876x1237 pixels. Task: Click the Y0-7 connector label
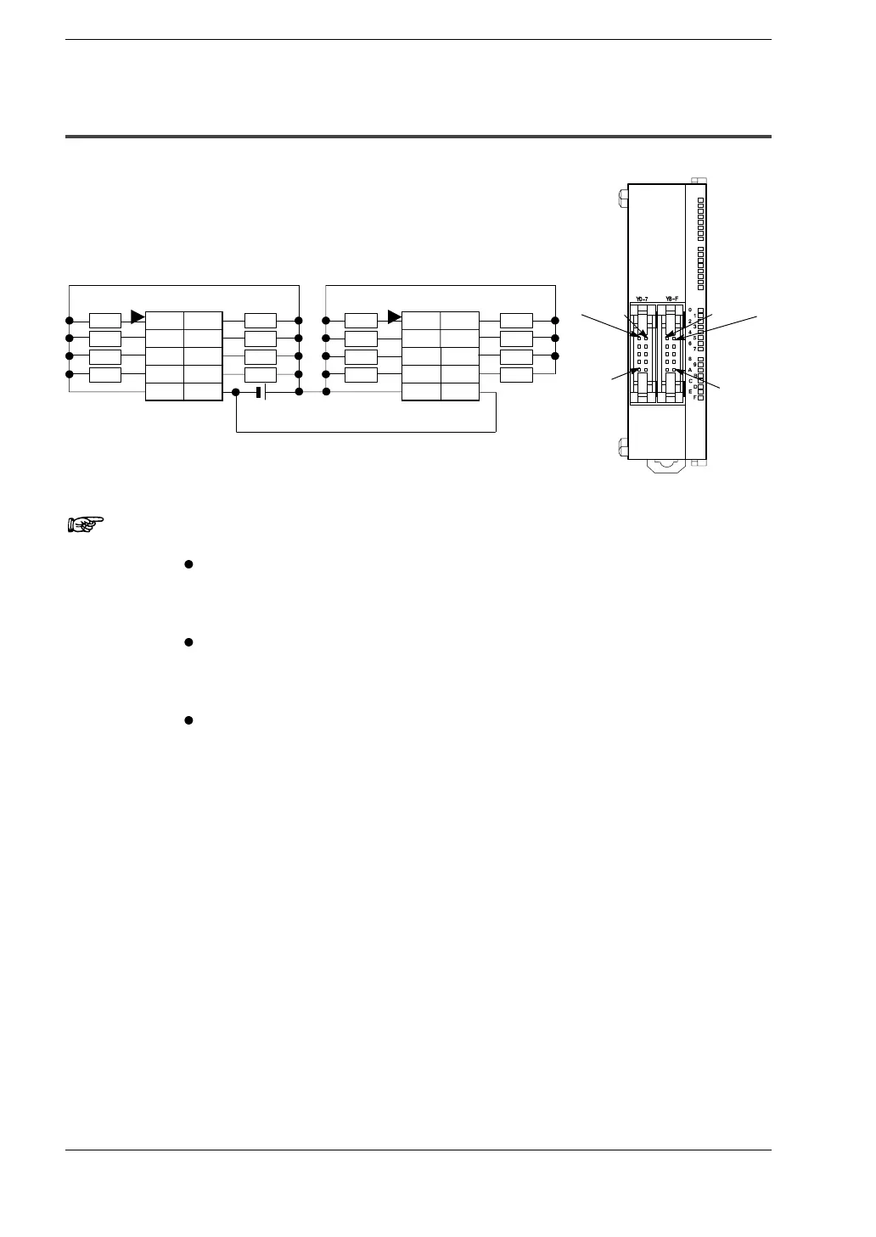coord(642,299)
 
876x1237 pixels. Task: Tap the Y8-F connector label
coord(671,299)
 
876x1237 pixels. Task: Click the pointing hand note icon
coord(84,523)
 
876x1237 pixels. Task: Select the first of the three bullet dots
coord(188,564)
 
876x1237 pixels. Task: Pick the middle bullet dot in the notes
coord(188,642)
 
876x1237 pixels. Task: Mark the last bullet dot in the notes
coord(188,720)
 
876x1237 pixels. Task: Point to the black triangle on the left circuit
coord(138,317)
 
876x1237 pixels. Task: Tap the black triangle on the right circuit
coord(394,317)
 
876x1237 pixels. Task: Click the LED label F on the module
coord(694,397)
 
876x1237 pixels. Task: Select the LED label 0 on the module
coord(690,310)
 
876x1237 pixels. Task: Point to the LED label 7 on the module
coord(694,349)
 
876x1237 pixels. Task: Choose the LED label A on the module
coord(690,370)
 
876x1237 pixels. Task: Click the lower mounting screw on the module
coord(622,446)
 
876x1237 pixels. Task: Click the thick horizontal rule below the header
coord(418,137)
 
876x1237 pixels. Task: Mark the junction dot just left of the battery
coord(236,392)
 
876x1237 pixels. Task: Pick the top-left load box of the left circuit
coord(105,321)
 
